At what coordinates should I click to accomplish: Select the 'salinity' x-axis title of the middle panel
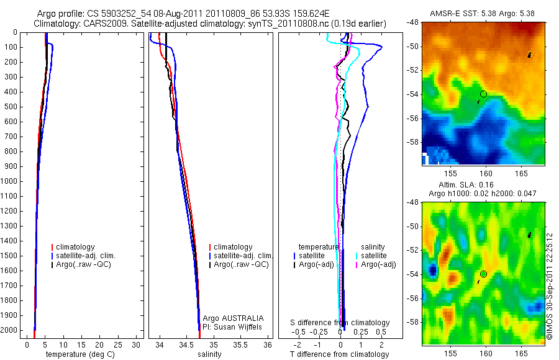(x=209, y=354)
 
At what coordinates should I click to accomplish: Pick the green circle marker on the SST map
(x=483, y=94)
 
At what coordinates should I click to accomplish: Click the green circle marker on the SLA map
(x=483, y=274)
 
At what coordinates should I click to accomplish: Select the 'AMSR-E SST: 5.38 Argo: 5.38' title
(x=483, y=13)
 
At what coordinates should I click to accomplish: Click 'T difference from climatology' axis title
(x=339, y=354)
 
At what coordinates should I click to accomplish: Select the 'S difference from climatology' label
(x=340, y=323)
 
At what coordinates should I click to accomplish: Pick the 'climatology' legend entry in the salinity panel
(x=233, y=247)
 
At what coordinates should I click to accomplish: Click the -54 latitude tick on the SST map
(x=412, y=94)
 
